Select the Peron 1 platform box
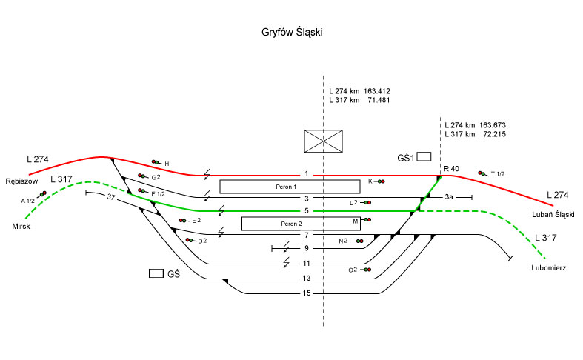[x=279, y=187]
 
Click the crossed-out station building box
[x=324, y=141]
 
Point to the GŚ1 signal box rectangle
[x=424, y=157]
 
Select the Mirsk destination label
[x=21, y=226]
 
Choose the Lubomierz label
[x=549, y=267]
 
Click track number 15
[x=307, y=293]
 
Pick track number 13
[x=307, y=279]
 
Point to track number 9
[x=307, y=248]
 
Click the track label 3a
[x=450, y=198]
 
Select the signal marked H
[x=156, y=162]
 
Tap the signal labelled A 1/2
[x=42, y=194]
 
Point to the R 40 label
[x=451, y=169]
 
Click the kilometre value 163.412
[x=377, y=90]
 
